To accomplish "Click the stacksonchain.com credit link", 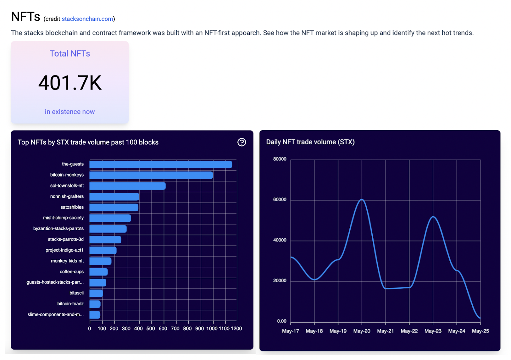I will pos(87,19).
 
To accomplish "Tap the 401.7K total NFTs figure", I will pos(70,83).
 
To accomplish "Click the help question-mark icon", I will pos(241,142).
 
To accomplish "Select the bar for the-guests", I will pos(161,165).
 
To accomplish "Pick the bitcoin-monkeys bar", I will pos(151,175).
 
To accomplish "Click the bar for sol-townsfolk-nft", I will pos(127,186).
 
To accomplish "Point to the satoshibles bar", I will pos(114,208).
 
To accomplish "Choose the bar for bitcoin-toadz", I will pos(95,304).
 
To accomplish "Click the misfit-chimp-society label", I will pos(63,218).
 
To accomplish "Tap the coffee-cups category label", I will pos(72,272).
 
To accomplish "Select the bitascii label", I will pos(76,293).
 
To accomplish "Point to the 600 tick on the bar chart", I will pos(163,329).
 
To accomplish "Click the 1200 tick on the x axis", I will pos(236,329).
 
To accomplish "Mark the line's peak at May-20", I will pos(362,199).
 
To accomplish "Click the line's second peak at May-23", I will pos(433,217).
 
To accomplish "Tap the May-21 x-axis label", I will pos(385,331).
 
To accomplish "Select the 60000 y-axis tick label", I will pos(280,200).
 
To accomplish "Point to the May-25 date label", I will pos(480,331).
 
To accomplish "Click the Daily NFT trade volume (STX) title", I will pos(310,142).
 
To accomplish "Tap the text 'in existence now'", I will pos(70,112).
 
